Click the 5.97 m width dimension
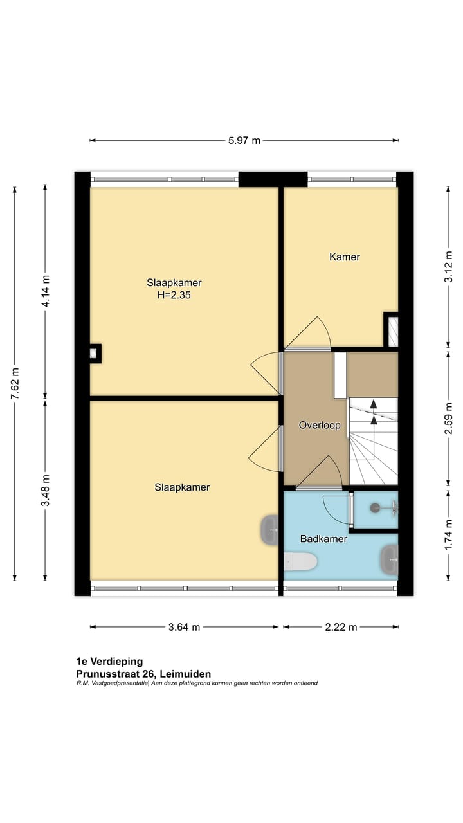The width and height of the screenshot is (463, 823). click(x=244, y=140)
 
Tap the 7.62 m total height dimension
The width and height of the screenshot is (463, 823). click(x=14, y=384)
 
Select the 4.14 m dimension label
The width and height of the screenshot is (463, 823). click(x=45, y=291)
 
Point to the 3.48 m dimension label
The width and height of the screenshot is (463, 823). click(x=45, y=491)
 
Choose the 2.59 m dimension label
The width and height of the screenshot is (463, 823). click(x=449, y=419)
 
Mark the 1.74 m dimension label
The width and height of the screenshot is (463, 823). click(x=449, y=534)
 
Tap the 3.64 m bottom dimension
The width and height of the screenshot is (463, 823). click(x=185, y=627)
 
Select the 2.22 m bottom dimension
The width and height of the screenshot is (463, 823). click(x=341, y=627)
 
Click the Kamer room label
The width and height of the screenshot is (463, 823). click(x=345, y=257)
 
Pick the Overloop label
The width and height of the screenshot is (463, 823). click(x=319, y=426)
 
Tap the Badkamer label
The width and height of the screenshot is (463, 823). click(x=323, y=539)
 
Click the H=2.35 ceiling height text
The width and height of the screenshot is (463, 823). click(x=174, y=296)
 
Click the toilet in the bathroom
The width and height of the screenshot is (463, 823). click(x=300, y=561)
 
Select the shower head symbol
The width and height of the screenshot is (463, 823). click(x=376, y=508)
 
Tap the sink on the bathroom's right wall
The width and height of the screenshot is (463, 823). click(x=390, y=559)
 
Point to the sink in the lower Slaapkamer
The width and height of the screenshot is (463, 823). click(x=269, y=530)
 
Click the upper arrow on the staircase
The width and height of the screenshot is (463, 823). click(x=373, y=404)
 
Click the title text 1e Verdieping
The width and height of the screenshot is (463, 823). click(x=109, y=661)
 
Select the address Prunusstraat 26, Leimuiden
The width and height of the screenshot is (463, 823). click(x=143, y=673)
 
